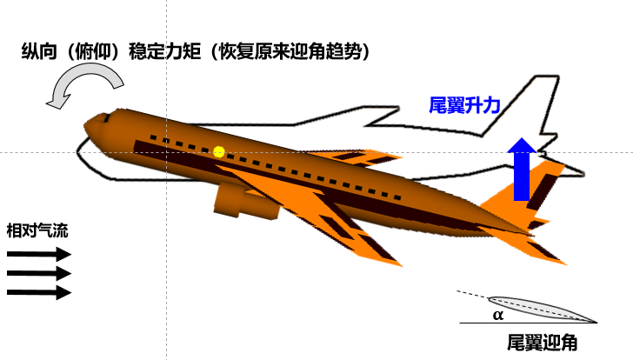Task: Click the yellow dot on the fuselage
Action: tap(219, 151)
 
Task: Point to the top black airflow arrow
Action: tap(38, 255)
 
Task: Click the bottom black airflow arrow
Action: tap(38, 292)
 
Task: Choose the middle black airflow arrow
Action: tap(38, 273)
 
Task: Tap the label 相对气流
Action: tap(37, 231)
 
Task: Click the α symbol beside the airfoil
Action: tap(498, 315)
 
